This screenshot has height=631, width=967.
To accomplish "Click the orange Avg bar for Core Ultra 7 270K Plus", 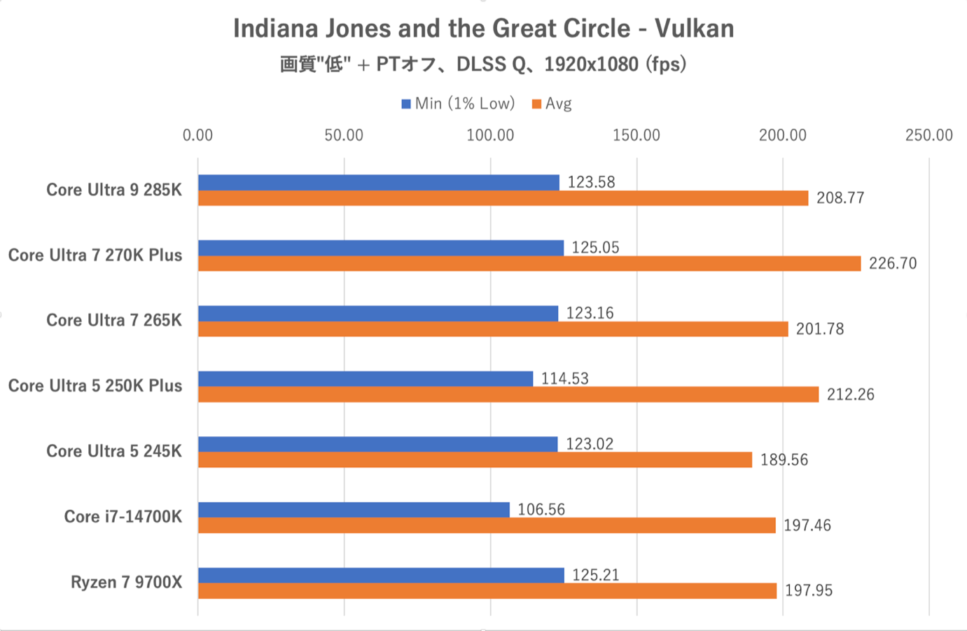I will [529, 263].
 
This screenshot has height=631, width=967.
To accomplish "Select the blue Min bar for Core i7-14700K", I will [354, 510].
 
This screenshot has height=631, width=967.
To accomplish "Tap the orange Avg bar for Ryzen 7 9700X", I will [487, 591].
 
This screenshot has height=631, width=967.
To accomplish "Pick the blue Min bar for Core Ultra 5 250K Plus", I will [366, 379].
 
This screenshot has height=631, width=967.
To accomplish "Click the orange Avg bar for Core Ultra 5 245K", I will [475, 460].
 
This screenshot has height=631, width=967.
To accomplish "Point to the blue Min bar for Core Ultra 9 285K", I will [379, 183].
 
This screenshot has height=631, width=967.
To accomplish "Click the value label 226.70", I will [893, 263].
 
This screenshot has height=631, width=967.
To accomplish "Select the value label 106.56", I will [541, 510].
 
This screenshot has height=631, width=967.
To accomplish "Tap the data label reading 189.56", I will [784, 460].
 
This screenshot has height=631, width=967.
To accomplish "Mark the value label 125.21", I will [596, 575].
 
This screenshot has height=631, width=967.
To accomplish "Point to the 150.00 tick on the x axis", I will [636, 135].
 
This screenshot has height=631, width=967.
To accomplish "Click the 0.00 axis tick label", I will [198, 135].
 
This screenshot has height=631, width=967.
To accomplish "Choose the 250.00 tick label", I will [928, 135].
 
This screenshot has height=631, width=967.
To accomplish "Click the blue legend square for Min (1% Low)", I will [406, 104].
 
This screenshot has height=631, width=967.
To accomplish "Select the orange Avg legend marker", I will [537, 104].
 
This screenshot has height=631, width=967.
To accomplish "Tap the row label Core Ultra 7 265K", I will [114, 320].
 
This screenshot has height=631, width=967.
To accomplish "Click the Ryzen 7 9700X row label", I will [126, 582].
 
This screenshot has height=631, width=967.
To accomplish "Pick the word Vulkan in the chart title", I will [695, 29].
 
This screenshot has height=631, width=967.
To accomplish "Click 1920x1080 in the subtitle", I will [591, 64].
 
